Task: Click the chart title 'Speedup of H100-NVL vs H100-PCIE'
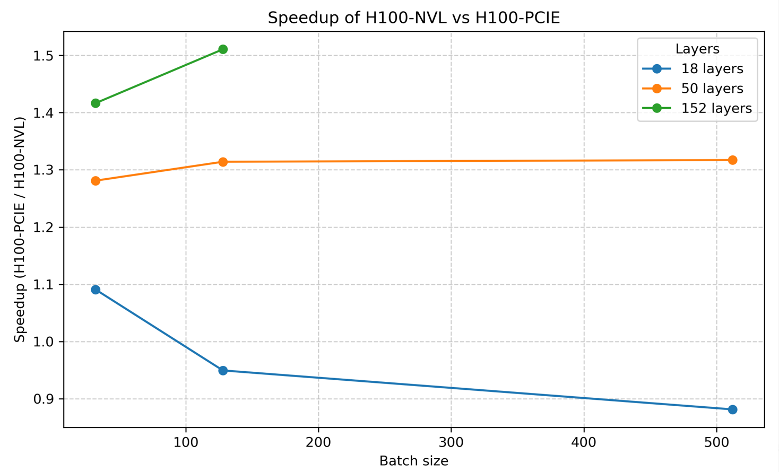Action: click(413, 18)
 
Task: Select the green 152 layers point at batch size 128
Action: click(223, 49)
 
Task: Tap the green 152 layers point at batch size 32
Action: click(96, 103)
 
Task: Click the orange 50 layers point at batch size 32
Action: click(96, 181)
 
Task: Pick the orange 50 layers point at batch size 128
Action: click(223, 162)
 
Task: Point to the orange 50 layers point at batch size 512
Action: click(732, 160)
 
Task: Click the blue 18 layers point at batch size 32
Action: click(96, 290)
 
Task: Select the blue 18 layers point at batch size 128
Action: click(223, 371)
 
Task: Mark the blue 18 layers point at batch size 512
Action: click(732, 409)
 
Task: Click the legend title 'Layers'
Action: click(697, 49)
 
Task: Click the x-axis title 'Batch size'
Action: click(413, 461)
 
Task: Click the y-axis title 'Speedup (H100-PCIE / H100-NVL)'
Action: click(20, 229)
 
